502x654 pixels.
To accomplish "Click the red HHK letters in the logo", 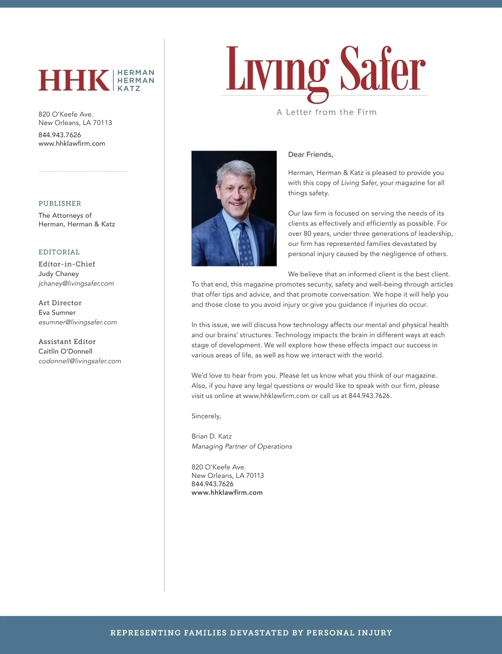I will (74, 80).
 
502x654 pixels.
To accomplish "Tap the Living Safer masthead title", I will (325, 70).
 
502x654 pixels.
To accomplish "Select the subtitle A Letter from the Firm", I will (326, 112).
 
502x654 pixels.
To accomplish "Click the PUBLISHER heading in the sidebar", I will (60, 204).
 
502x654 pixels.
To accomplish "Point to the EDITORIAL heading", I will (59, 252).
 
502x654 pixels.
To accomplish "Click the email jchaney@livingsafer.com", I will (76, 284).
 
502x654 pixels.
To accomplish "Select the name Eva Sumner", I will (57, 313).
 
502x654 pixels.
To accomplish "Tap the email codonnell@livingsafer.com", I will (80, 361).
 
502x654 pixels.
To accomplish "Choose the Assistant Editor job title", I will (67, 342).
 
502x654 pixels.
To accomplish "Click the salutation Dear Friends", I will (310, 155).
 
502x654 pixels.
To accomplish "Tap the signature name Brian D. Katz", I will (212, 436).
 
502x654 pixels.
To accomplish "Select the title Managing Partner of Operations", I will (242, 447).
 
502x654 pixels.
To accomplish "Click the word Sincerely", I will (206, 416).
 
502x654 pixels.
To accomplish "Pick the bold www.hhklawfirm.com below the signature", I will (227, 493).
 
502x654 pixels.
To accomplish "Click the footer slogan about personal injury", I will (251, 633).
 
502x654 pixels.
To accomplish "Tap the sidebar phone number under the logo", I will (60, 135).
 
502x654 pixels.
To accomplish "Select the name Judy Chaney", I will (59, 274).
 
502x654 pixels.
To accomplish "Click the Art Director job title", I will (60, 303).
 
